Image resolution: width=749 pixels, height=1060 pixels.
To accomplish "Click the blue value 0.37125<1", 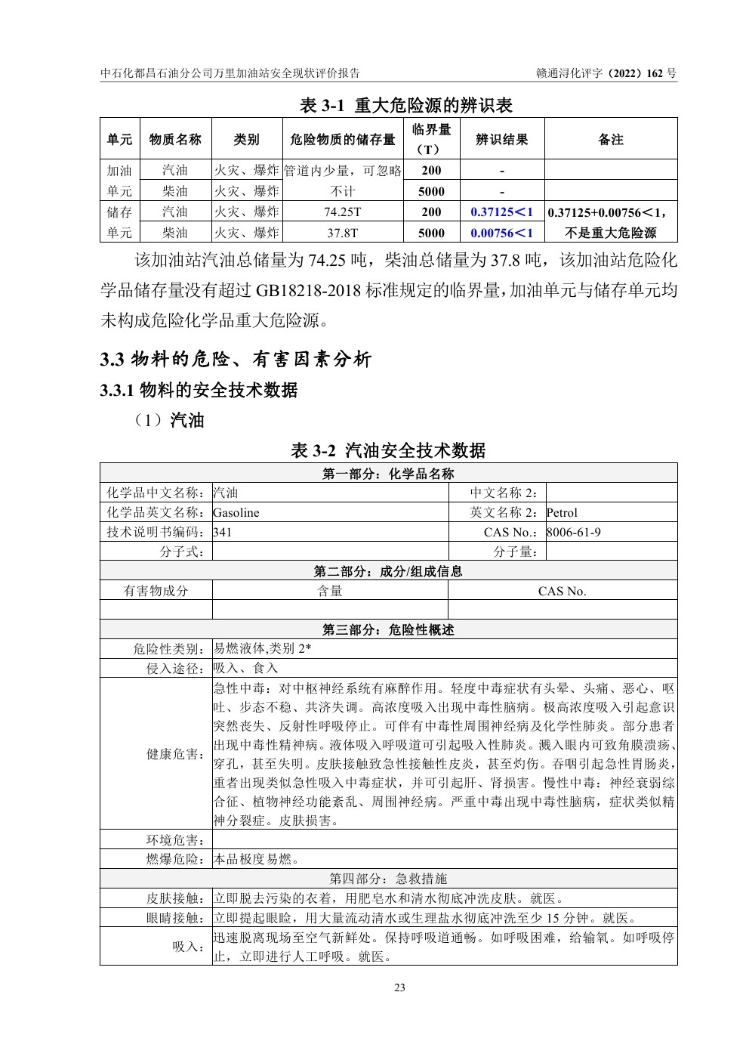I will [x=501, y=212].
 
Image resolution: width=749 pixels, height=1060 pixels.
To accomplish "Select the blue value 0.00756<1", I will [x=501, y=233].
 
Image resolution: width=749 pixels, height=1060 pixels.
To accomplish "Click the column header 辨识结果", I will [x=501, y=140].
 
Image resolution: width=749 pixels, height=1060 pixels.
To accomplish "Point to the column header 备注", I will [x=610, y=140].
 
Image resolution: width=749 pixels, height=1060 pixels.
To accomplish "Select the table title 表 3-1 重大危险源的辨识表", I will [x=405, y=105].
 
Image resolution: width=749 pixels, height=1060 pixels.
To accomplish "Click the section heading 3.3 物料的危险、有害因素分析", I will [x=236, y=360].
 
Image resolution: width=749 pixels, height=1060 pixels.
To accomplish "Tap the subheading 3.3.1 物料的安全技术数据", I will [x=199, y=390].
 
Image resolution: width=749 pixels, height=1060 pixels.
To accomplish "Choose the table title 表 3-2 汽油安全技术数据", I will [x=388, y=451].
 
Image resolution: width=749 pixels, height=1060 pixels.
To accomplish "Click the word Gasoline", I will [x=236, y=513].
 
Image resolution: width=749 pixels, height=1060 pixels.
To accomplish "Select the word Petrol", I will [x=562, y=513].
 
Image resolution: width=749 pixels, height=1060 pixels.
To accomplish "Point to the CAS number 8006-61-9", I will [x=574, y=533].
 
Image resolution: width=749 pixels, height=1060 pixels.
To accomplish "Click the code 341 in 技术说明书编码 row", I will [x=223, y=533].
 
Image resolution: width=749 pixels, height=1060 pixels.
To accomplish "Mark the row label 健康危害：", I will [x=175, y=754].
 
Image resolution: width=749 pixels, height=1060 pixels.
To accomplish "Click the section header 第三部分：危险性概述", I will [x=388, y=630].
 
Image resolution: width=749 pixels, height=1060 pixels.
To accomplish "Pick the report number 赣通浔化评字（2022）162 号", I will [x=606, y=73].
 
